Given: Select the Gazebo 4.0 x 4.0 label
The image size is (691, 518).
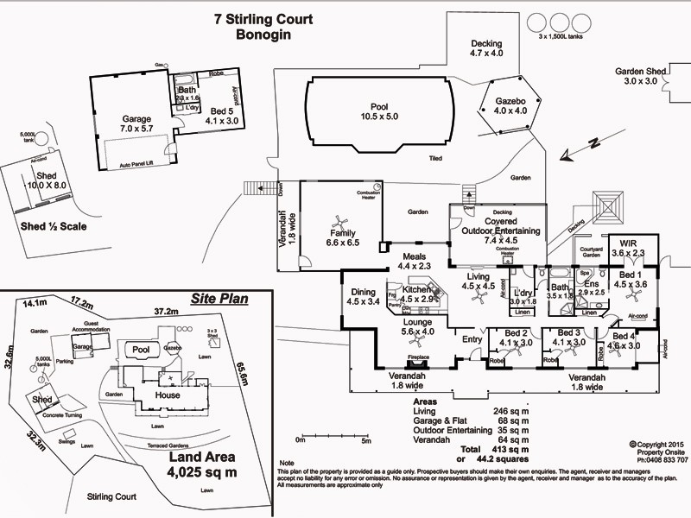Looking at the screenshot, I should [x=510, y=105].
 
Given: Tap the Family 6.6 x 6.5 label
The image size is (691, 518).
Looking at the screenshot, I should [x=342, y=238].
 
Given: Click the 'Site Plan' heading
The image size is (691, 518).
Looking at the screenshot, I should [x=219, y=300].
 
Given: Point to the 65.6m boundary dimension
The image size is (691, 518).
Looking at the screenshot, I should [x=243, y=376].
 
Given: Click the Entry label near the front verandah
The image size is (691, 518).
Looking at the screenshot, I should [x=472, y=339].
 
